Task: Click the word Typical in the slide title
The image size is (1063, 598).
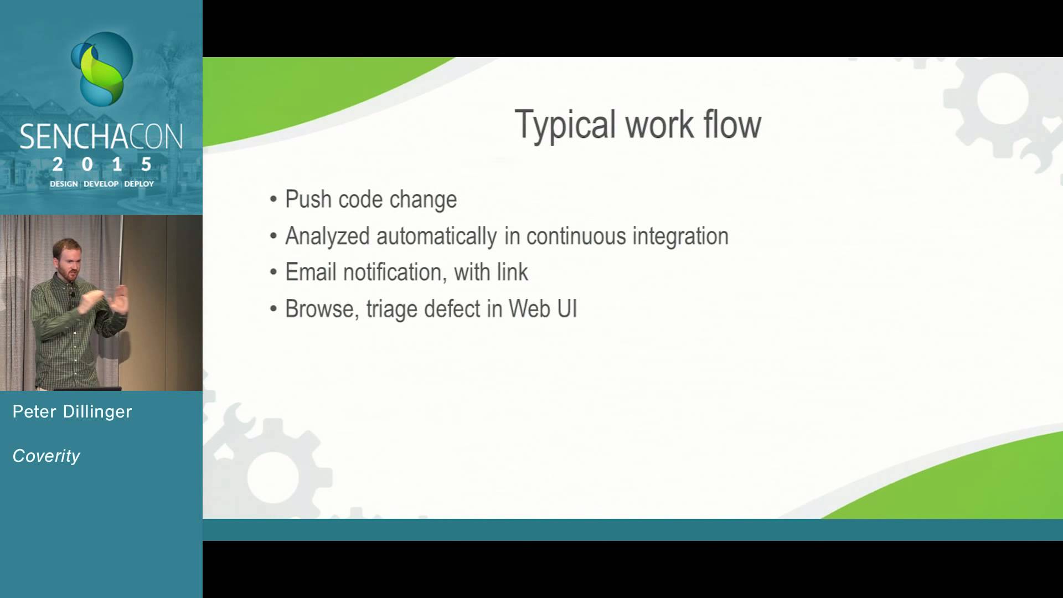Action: coord(565,125)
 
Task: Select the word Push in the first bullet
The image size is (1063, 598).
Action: coord(308,199)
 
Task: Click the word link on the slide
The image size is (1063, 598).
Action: coord(512,272)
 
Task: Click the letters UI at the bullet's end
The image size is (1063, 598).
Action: coord(567,308)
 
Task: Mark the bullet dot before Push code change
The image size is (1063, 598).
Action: coord(274,200)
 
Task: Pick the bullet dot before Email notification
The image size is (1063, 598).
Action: coord(274,272)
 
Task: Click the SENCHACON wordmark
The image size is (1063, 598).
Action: coord(101,137)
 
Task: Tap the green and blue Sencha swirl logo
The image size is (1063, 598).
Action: coord(102,69)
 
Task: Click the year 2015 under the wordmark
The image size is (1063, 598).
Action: coord(102,164)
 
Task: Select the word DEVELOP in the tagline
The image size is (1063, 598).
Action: coord(101,184)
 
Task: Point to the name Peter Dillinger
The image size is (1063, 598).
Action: coord(73,411)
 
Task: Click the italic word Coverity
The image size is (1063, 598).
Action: coord(47,456)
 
